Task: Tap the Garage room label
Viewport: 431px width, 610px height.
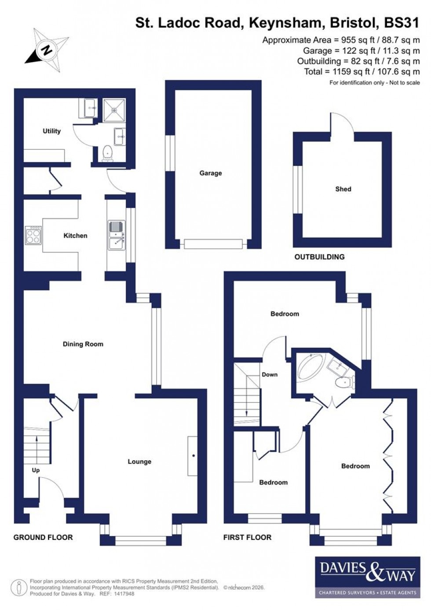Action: coord(210,173)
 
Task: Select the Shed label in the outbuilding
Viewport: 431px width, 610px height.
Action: coord(343,189)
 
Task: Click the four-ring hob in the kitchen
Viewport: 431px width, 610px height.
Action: coord(33,235)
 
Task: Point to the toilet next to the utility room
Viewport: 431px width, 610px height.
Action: coord(107,152)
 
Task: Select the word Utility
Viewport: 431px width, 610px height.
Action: coord(51,131)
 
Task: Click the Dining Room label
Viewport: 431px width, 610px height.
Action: coord(83,344)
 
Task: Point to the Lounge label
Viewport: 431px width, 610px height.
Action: coord(139,462)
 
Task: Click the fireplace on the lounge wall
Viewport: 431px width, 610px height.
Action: coord(193,456)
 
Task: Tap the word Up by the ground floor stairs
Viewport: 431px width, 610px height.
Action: coord(36,470)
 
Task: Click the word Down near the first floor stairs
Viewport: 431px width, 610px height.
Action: coord(270,374)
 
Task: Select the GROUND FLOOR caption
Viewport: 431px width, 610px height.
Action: coord(43,537)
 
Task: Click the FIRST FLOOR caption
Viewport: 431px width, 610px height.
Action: coord(247,537)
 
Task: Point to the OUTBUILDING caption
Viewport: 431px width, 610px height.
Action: coord(319,257)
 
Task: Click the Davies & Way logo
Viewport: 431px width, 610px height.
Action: coord(365,577)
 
